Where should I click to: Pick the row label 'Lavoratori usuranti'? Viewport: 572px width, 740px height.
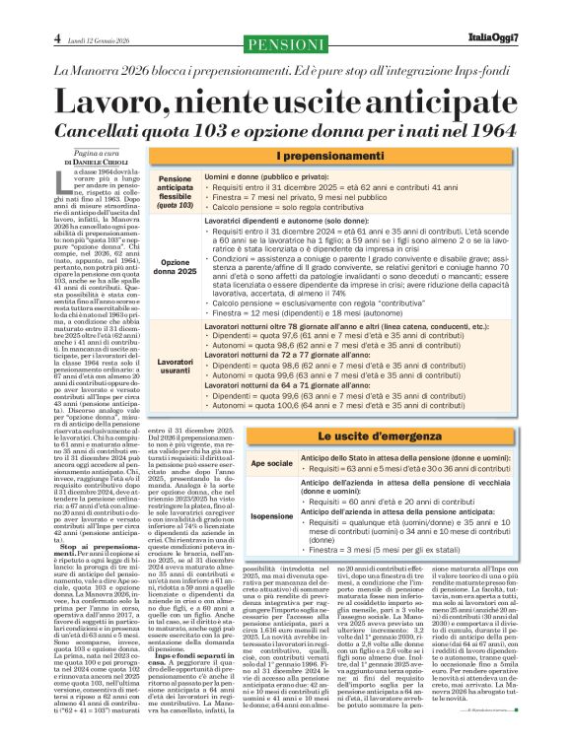176,363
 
